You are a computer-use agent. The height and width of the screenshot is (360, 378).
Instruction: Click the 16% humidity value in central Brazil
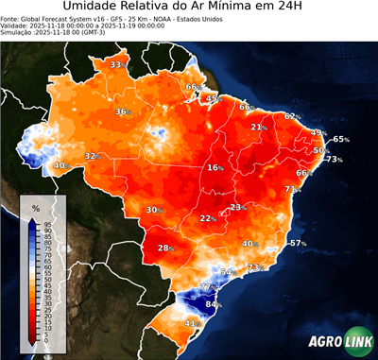[x=215, y=167]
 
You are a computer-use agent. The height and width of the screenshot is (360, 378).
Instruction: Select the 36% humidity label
[x=123, y=111]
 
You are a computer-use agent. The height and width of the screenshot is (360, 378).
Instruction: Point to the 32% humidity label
[x=93, y=156]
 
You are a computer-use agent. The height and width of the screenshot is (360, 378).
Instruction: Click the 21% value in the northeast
[x=258, y=127]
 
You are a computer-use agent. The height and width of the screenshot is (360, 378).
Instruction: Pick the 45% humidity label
[x=214, y=97]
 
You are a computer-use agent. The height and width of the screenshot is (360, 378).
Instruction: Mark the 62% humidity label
[x=292, y=116]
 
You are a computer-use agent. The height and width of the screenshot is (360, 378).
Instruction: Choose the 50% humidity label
[x=321, y=150]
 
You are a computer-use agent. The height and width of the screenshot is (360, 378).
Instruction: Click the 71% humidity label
[x=293, y=189]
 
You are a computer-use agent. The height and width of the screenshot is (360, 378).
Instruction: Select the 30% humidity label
[x=153, y=210]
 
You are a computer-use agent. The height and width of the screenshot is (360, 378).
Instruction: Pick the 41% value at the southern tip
[x=192, y=323]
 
